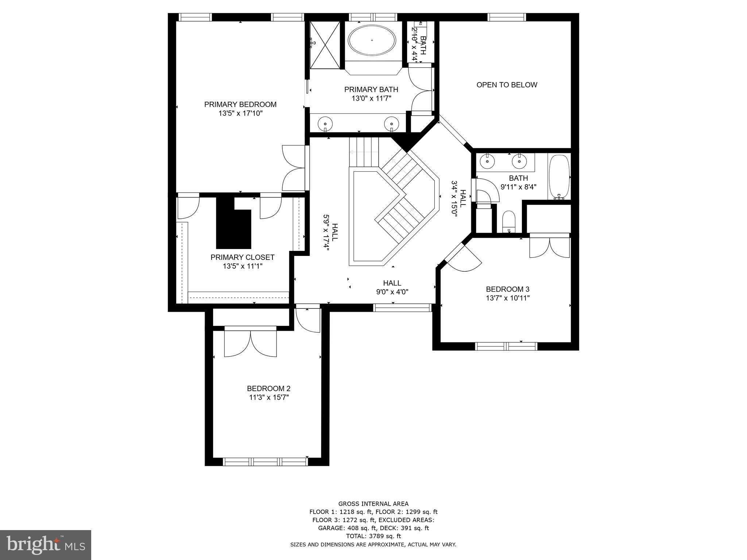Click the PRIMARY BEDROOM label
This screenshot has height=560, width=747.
pyautogui.click(x=240, y=105)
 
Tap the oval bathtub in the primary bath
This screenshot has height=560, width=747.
pyautogui.click(x=372, y=40)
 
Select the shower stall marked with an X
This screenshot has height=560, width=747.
pyautogui.click(x=325, y=44)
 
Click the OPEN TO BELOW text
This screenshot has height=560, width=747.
pyautogui.click(x=507, y=85)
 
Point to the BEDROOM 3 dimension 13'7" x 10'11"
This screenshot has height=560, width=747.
pyautogui.click(x=507, y=298)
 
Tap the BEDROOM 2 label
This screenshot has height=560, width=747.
pyautogui.click(x=268, y=389)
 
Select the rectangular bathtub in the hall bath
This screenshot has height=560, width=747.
pyautogui.click(x=559, y=177)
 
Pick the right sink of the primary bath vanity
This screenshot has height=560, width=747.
pyautogui.click(x=392, y=123)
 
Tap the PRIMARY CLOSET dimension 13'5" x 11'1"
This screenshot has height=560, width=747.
pyautogui.click(x=243, y=267)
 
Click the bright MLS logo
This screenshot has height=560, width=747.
pyautogui.click(x=46, y=545)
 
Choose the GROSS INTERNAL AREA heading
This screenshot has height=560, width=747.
pyautogui.click(x=373, y=504)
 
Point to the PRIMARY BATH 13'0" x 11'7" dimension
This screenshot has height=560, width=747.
pyautogui.click(x=371, y=98)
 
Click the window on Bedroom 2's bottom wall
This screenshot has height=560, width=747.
pyautogui.click(x=266, y=462)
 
